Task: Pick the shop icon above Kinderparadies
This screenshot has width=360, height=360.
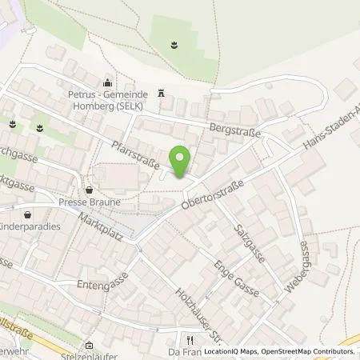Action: coord(30,214)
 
